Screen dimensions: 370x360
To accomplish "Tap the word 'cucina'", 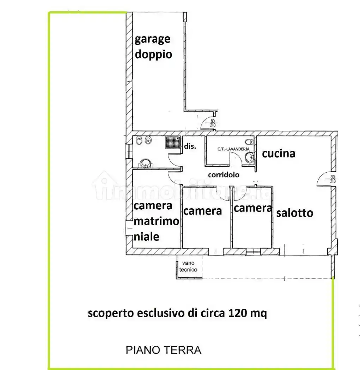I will click(278, 154).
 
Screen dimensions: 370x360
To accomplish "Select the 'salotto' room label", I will click(295, 213).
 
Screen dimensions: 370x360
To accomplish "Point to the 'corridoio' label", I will click(224, 175).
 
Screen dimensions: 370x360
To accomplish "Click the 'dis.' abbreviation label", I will click(190, 146).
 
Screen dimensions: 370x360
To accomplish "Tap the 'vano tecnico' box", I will click(189, 267).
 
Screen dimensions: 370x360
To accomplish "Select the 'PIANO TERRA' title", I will click(164, 350).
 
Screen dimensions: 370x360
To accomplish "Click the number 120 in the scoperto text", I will click(238, 313).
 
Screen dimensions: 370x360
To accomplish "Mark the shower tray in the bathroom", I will click(173, 142).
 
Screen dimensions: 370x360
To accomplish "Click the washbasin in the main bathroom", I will click(145, 163).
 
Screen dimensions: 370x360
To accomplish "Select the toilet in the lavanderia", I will click(249, 142).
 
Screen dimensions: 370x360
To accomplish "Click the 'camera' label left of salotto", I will click(253, 208).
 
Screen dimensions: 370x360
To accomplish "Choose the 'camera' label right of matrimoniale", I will click(203, 211).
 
